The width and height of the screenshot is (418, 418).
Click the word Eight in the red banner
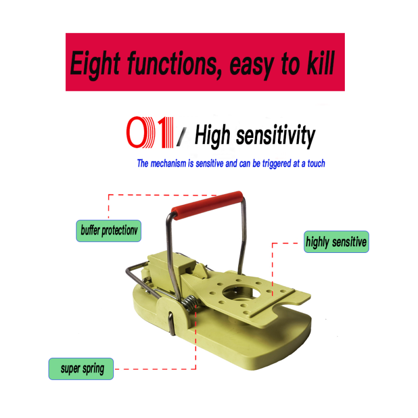click(x=95, y=64)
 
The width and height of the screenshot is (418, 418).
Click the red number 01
click(x=150, y=132)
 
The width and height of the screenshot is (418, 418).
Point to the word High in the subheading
click(x=212, y=135)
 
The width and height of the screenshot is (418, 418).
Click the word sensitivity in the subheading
click(x=276, y=136)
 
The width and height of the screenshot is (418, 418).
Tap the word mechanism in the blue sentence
click(x=168, y=164)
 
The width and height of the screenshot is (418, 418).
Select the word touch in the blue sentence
click(x=316, y=164)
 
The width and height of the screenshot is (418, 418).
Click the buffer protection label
click(x=109, y=231)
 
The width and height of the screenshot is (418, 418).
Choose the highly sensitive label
click(x=336, y=242)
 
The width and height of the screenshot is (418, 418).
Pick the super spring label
click(x=81, y=369)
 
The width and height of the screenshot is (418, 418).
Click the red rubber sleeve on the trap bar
click(x=207, y=205)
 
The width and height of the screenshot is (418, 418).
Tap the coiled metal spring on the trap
click(x=191, y=304)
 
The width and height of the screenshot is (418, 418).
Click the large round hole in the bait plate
click(x=240, y=293)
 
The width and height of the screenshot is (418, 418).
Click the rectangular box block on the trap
click(x=171, y=269)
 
